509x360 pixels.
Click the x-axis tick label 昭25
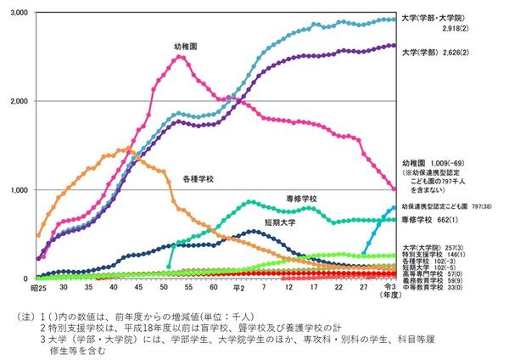(38, 289)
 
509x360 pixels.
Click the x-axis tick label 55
(192, 289)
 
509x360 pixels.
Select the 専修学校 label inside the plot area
(300, 199)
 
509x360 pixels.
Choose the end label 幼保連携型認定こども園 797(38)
(452, 206)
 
